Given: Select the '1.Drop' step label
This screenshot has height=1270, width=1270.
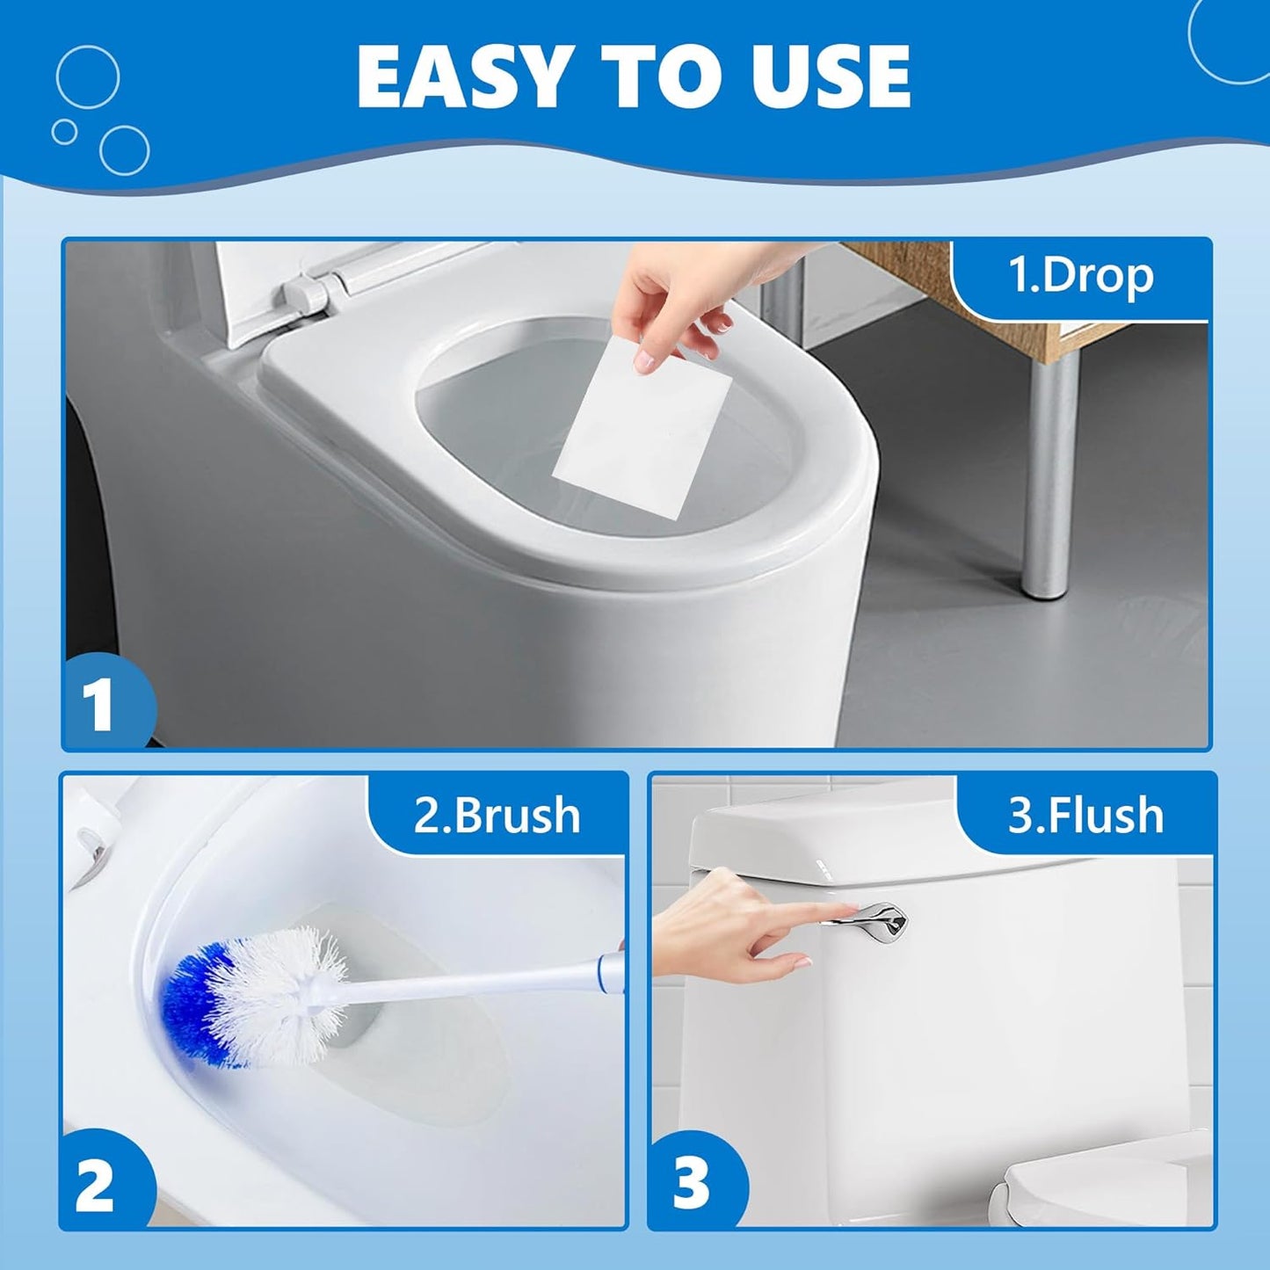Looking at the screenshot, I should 1080,276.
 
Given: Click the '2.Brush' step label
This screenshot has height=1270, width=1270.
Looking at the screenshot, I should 497,816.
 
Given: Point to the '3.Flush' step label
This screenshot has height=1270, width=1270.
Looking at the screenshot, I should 1085,816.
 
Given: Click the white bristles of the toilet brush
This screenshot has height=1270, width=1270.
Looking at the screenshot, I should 281,993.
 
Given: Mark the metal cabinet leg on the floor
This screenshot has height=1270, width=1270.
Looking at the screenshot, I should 1050,475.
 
